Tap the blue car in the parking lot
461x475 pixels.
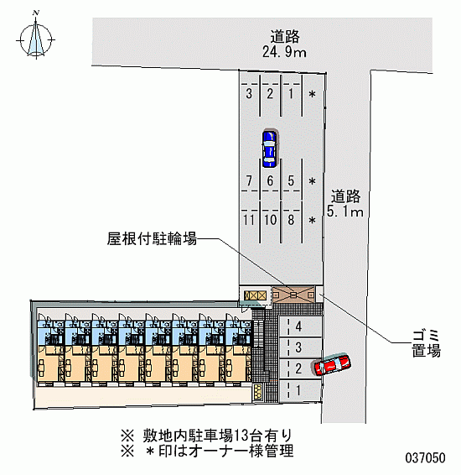tap(269, 149)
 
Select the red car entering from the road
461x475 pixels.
tap(332, 364)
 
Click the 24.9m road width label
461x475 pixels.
tap(284, 52)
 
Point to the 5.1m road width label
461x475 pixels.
tap(345, 211)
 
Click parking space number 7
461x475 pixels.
tap(249, 180)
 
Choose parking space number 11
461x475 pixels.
tap(249, 220)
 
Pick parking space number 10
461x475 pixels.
tap(270, 220)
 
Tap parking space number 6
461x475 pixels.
tap(270, 180)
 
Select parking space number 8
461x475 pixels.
tap(291, 220)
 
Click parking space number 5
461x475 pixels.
tap(291, 180)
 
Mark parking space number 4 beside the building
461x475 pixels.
tap(298, 326)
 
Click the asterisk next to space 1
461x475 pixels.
tap(312, 94)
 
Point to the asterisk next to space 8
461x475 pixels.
tap(312, 220)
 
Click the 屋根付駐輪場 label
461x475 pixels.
tap(152, 238)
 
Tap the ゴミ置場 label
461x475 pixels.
tap(426, 344)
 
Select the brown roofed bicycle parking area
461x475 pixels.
tap(293, 295)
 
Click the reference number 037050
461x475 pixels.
tap(425, 457)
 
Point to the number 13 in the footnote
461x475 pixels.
tap(241, 436)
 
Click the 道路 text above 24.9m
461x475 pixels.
tap(285, 37)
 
